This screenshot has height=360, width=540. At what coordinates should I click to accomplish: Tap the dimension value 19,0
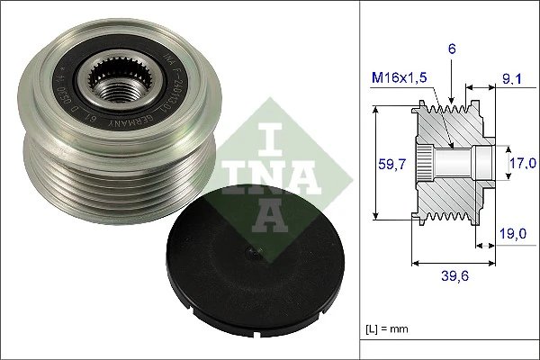click(513, 232)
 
